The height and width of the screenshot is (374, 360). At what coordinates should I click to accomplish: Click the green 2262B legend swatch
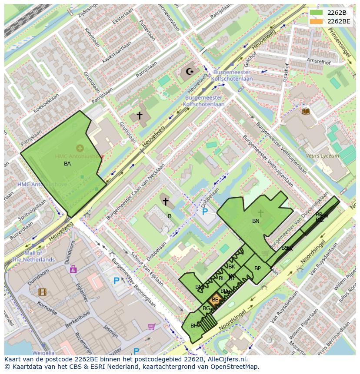316,13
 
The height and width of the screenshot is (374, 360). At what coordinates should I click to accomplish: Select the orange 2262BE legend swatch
316,21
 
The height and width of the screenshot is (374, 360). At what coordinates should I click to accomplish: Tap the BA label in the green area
67,164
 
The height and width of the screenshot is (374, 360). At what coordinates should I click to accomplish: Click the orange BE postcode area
215,300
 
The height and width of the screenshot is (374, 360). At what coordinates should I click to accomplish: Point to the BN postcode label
256,221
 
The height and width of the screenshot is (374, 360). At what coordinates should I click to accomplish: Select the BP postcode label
257,268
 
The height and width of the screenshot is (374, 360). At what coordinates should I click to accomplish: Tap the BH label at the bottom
194,326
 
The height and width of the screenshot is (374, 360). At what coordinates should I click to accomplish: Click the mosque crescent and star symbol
190,71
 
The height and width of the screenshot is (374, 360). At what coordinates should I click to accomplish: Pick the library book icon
306,111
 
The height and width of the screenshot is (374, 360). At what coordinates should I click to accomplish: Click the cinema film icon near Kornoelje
42,292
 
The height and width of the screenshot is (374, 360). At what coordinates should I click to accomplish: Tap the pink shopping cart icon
151,326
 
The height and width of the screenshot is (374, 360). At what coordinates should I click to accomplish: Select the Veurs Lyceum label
322,156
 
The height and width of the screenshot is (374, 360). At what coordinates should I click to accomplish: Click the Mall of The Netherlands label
33,256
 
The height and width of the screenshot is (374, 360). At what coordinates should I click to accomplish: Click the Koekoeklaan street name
46,104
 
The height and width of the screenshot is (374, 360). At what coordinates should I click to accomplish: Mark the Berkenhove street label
78,319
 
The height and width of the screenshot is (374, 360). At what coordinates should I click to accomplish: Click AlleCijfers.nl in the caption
226,359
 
